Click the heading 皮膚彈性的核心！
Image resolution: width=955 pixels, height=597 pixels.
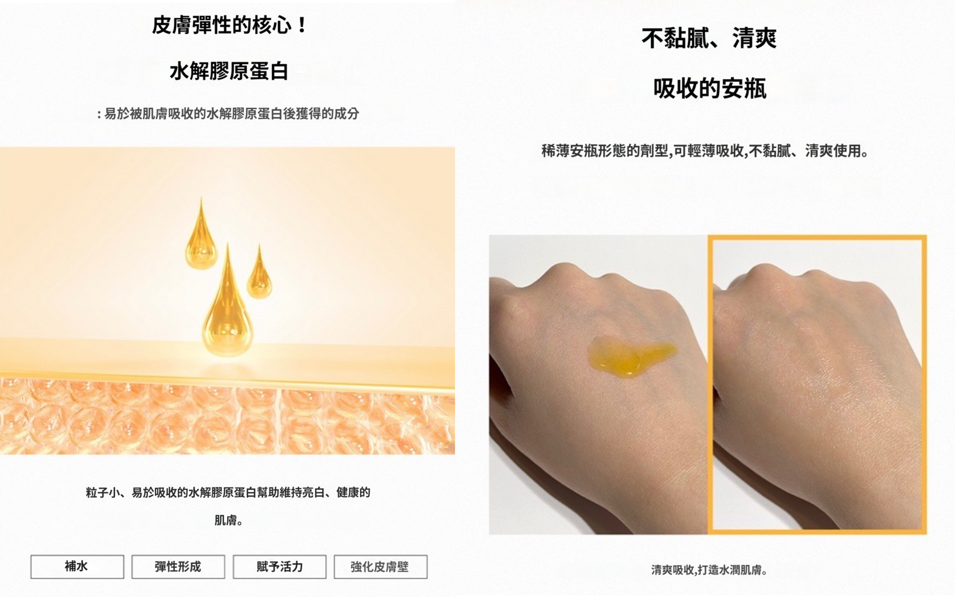pos(229,25)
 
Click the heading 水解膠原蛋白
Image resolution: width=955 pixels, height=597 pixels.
pos(229,71)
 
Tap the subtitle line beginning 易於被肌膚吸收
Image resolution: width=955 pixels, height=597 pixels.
pos(228,113)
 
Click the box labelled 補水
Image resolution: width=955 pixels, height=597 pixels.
pos(77,567)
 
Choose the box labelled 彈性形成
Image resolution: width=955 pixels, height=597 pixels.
pos(178,567)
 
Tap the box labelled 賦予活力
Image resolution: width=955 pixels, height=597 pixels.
pos(280,567)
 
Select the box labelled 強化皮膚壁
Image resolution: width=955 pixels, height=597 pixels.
pos(380,567)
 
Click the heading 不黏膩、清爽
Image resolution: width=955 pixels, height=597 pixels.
pos(709,38)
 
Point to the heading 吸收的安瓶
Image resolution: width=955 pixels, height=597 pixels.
pos(710,88)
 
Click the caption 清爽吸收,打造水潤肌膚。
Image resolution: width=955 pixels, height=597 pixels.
pos(709,570)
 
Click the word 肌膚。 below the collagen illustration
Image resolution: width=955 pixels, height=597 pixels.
pos(229,520)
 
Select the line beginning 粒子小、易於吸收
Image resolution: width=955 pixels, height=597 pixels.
pos(228,493)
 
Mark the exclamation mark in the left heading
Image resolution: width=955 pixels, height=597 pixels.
pos(302,25)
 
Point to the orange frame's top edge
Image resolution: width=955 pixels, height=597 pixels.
pos(818,238)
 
